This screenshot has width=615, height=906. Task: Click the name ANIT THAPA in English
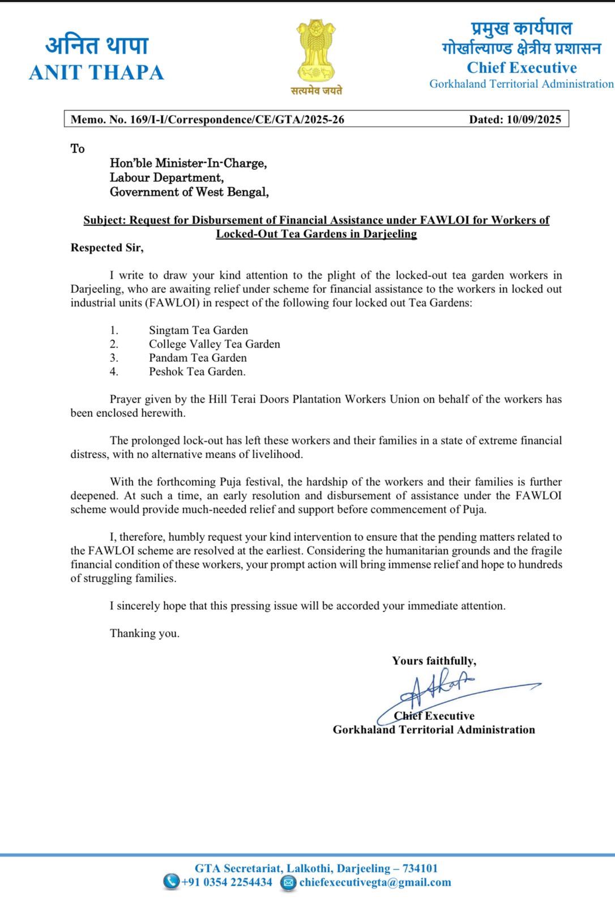point(97,73)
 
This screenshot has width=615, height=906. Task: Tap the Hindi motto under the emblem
point(316,91)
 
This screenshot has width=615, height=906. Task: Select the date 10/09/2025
point(533,119)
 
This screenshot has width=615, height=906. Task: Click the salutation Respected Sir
point(107,247)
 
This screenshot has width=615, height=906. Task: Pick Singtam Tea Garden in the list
point(198,330)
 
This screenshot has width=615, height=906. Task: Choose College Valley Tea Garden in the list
point(214,344)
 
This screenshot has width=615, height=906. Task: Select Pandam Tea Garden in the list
point(198,358)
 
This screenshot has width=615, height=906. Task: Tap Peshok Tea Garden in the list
point(197,371)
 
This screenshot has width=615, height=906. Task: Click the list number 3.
point(114,358)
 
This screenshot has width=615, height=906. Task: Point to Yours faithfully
point(434,661)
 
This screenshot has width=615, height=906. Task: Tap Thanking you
point(144,633)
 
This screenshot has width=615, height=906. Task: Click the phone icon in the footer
point(170,882)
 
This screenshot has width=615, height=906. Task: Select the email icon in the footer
point(288,882)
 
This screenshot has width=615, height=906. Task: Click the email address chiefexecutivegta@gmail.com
point(375,882)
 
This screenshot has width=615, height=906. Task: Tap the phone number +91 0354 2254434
point(227,882)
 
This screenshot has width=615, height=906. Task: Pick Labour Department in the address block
point(166,177)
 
